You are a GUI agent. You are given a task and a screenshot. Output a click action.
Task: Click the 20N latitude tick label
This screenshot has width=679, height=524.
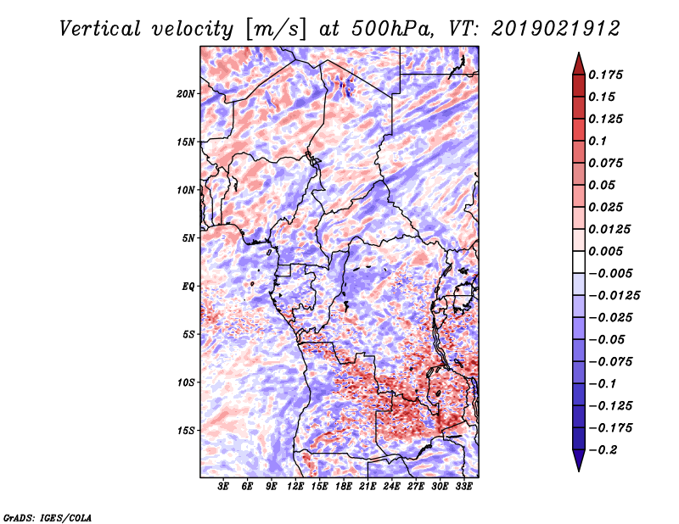(x=186, y=94)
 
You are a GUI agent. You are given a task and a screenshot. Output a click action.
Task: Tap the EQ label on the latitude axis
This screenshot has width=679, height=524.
(x=188, y=286)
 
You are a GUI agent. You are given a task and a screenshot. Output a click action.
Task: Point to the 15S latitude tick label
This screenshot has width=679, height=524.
(x=186, y=431)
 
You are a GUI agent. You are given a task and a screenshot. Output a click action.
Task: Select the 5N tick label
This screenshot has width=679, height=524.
(x=188, y=238)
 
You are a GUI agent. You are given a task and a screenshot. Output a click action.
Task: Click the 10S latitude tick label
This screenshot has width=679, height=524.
(x=186, y=382)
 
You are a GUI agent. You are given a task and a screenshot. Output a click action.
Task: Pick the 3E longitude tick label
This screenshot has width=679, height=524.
(x=223, y=487)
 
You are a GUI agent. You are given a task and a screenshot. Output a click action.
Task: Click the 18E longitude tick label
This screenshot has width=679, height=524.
(x=344, y=487)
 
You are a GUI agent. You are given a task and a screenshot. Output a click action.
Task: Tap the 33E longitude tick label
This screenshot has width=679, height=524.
(x=463, y=487)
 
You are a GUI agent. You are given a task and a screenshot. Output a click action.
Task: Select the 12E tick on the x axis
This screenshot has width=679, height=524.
(x=295, y=487)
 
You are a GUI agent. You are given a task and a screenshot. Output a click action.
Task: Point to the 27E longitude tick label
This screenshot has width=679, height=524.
(x=416, y=487)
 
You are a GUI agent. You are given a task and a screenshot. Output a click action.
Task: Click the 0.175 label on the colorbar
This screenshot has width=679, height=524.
(x=605, y=75)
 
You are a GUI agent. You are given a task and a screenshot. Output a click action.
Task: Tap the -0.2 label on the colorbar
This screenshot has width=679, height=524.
(x=603, y=450)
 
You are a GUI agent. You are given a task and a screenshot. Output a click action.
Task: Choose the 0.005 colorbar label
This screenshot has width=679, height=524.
(x=605, y=251)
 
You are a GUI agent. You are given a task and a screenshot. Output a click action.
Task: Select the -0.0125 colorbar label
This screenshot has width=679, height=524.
(x=614, y=296)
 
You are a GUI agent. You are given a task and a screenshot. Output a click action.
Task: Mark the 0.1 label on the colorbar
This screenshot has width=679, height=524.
(x=598, y=141)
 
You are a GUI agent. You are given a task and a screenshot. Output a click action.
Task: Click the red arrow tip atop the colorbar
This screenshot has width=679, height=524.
(x=579, y=53)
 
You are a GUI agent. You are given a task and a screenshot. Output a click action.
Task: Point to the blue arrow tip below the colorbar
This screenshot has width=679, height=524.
(x=579, y=471)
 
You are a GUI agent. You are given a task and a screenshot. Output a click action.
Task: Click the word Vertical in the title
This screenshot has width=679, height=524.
(x=100, y=29)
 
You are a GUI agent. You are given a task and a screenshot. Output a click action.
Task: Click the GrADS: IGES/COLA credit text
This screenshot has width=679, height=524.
(x=48, y=517)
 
